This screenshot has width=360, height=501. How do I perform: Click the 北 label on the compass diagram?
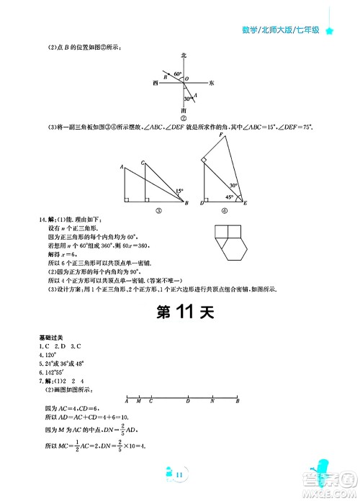184,55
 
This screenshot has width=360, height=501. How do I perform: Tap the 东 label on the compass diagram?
212,84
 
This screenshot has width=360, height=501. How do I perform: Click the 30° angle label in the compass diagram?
187,99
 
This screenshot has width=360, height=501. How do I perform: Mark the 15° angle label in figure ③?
179,191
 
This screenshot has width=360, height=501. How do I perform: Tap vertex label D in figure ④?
202,204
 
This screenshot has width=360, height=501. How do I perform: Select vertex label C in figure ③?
144,162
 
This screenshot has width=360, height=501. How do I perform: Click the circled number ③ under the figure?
157,212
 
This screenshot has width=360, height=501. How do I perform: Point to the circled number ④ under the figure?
224,212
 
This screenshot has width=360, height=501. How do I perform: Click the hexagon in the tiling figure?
233,251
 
